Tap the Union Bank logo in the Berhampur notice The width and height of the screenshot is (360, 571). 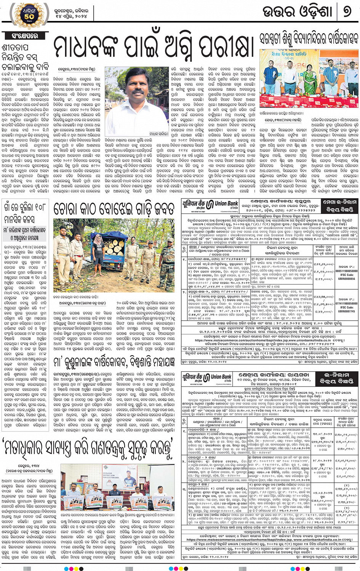tap(211, 205)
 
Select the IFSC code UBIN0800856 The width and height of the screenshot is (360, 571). tap(346, 279)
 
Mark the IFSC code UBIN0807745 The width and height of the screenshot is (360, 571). tap(346, 311)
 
